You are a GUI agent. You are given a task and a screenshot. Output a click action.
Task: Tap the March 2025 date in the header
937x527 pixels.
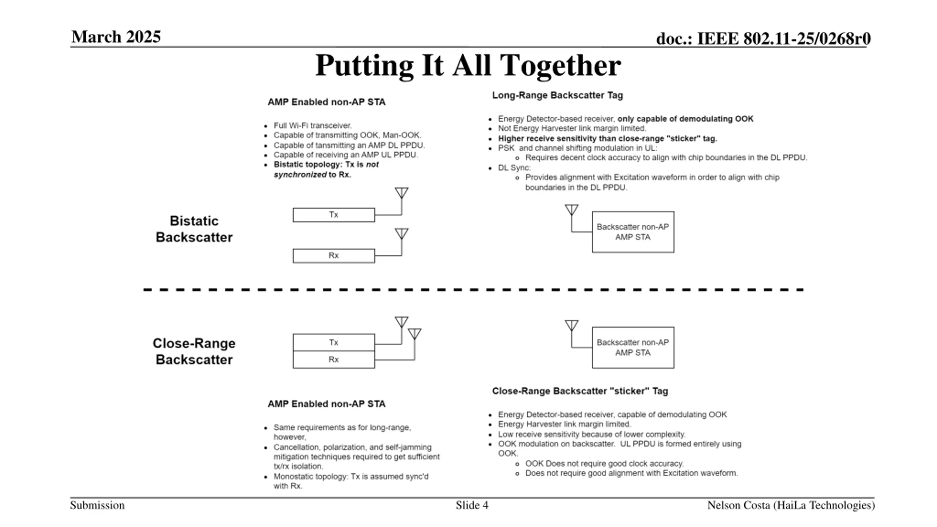coord(116,37)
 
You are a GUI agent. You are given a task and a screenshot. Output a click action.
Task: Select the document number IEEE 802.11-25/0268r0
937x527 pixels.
coord(763,38)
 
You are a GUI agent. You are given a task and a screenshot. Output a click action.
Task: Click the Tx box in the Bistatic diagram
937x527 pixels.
coord(333,215)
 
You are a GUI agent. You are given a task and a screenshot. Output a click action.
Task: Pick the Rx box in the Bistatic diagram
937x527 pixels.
coord(333,256)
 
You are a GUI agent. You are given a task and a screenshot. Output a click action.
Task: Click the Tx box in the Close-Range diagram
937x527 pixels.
coord(333,343)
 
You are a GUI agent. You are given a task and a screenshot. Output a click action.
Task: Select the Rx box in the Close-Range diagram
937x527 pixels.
coord(333,359)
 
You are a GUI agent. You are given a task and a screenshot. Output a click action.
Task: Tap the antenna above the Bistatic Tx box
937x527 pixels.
coord(402,193)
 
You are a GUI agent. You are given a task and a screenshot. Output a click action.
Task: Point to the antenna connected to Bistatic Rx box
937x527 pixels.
coord(402,233)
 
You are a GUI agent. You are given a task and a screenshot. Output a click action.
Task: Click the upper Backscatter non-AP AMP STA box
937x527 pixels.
coord(633,232)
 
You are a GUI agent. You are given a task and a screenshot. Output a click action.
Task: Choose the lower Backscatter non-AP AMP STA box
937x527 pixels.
coord(633,348)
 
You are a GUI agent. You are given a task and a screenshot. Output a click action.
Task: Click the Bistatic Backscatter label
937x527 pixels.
coord(194,229)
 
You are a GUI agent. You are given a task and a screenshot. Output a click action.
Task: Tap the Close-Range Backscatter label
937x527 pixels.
coord(194,351)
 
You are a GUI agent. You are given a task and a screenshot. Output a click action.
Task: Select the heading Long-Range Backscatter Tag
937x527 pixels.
coord(557,96)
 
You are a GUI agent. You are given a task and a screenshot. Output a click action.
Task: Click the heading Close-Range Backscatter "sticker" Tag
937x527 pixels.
coord(580,391)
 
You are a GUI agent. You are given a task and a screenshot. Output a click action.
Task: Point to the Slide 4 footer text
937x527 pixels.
coord(472,505)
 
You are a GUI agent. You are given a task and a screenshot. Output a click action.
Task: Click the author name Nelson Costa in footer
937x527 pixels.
coord(791,505)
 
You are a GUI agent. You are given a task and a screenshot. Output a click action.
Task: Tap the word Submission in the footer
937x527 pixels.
coord(97,505)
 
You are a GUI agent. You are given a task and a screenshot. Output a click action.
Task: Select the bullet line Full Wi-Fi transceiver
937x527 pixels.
coord(312,126)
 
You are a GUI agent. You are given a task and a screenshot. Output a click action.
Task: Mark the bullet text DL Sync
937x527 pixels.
coord(514,168)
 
